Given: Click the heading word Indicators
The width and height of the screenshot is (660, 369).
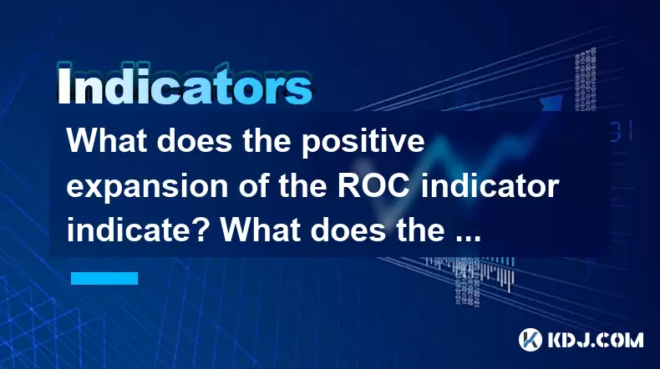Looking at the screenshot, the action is pos(185,83).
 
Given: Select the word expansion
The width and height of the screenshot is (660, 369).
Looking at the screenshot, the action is pos(147,188).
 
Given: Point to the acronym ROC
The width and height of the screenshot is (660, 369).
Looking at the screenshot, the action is pos(373,185).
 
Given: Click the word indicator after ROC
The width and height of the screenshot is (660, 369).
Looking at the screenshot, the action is pos(490,185).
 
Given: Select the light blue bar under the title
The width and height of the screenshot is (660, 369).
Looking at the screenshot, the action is pos(104,278).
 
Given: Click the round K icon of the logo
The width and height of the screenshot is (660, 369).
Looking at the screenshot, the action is pos(531,340).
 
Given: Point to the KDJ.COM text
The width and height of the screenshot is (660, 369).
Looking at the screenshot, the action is pos(595,340).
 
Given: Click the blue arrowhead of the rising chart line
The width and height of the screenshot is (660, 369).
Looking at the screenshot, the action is pos(552,102).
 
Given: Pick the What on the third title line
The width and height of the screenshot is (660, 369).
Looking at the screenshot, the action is pos(261,230).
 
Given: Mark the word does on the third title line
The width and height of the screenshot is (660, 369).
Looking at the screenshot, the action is pos(348,230).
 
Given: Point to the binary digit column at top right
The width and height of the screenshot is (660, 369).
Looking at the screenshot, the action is pos(586,80).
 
